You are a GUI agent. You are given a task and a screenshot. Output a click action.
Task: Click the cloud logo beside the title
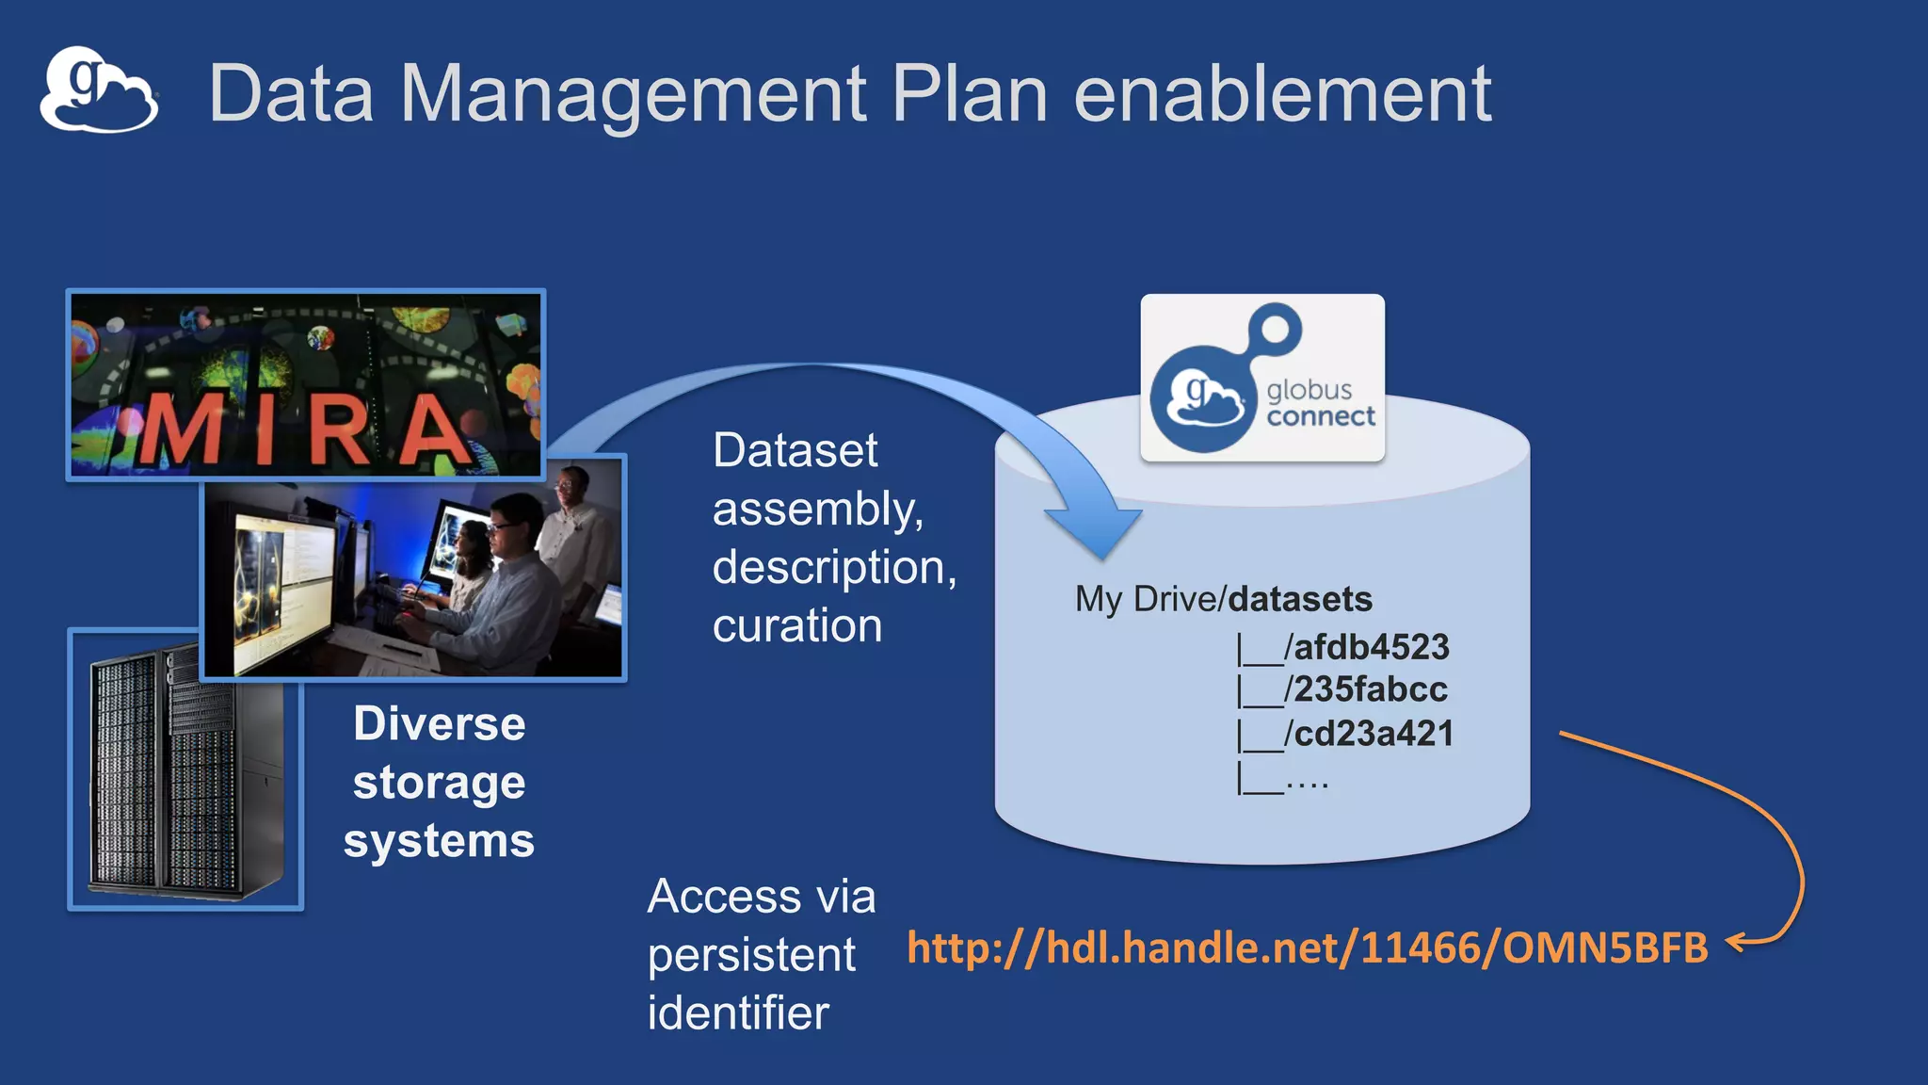pyautogui.click(x=98, y=90)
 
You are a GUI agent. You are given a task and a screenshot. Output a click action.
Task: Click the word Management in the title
pyautogui.click(x=632, y=93)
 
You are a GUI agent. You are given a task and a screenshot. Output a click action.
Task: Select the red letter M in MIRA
pyautogui.click(x=178, y=431)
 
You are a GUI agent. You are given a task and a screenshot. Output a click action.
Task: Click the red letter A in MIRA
pyautogui.click(x=434, y=431)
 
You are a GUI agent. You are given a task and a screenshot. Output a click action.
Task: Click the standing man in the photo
pyautogui.click(x=572, y=527)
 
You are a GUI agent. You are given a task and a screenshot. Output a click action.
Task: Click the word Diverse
pyautogui.click(x=439, y=723)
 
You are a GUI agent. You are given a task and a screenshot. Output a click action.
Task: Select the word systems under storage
pyautogui.click(x=439, y=840)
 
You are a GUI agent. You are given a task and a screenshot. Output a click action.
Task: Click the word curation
pyautogui.click(x=797, y=625)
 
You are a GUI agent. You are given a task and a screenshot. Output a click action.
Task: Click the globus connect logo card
pyautogui.click(x=1261, y=379)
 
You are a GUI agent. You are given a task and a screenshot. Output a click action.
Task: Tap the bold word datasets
pyautogui.click(x=1300, y=599)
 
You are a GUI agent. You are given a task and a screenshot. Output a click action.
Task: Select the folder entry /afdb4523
pyautogui.click(x=1367, y=647)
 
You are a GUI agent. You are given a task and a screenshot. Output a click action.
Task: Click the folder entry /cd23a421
pyautogui.click(x=1369, y=734)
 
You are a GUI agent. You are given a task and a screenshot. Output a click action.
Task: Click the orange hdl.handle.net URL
pyautogui.click(x=1307, y=947)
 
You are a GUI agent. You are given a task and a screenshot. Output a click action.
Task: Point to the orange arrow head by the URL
pyautogui.click(x=1736, y=941)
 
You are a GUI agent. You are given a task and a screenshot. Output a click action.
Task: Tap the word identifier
pyautogui.click(x=738, y=1013)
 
